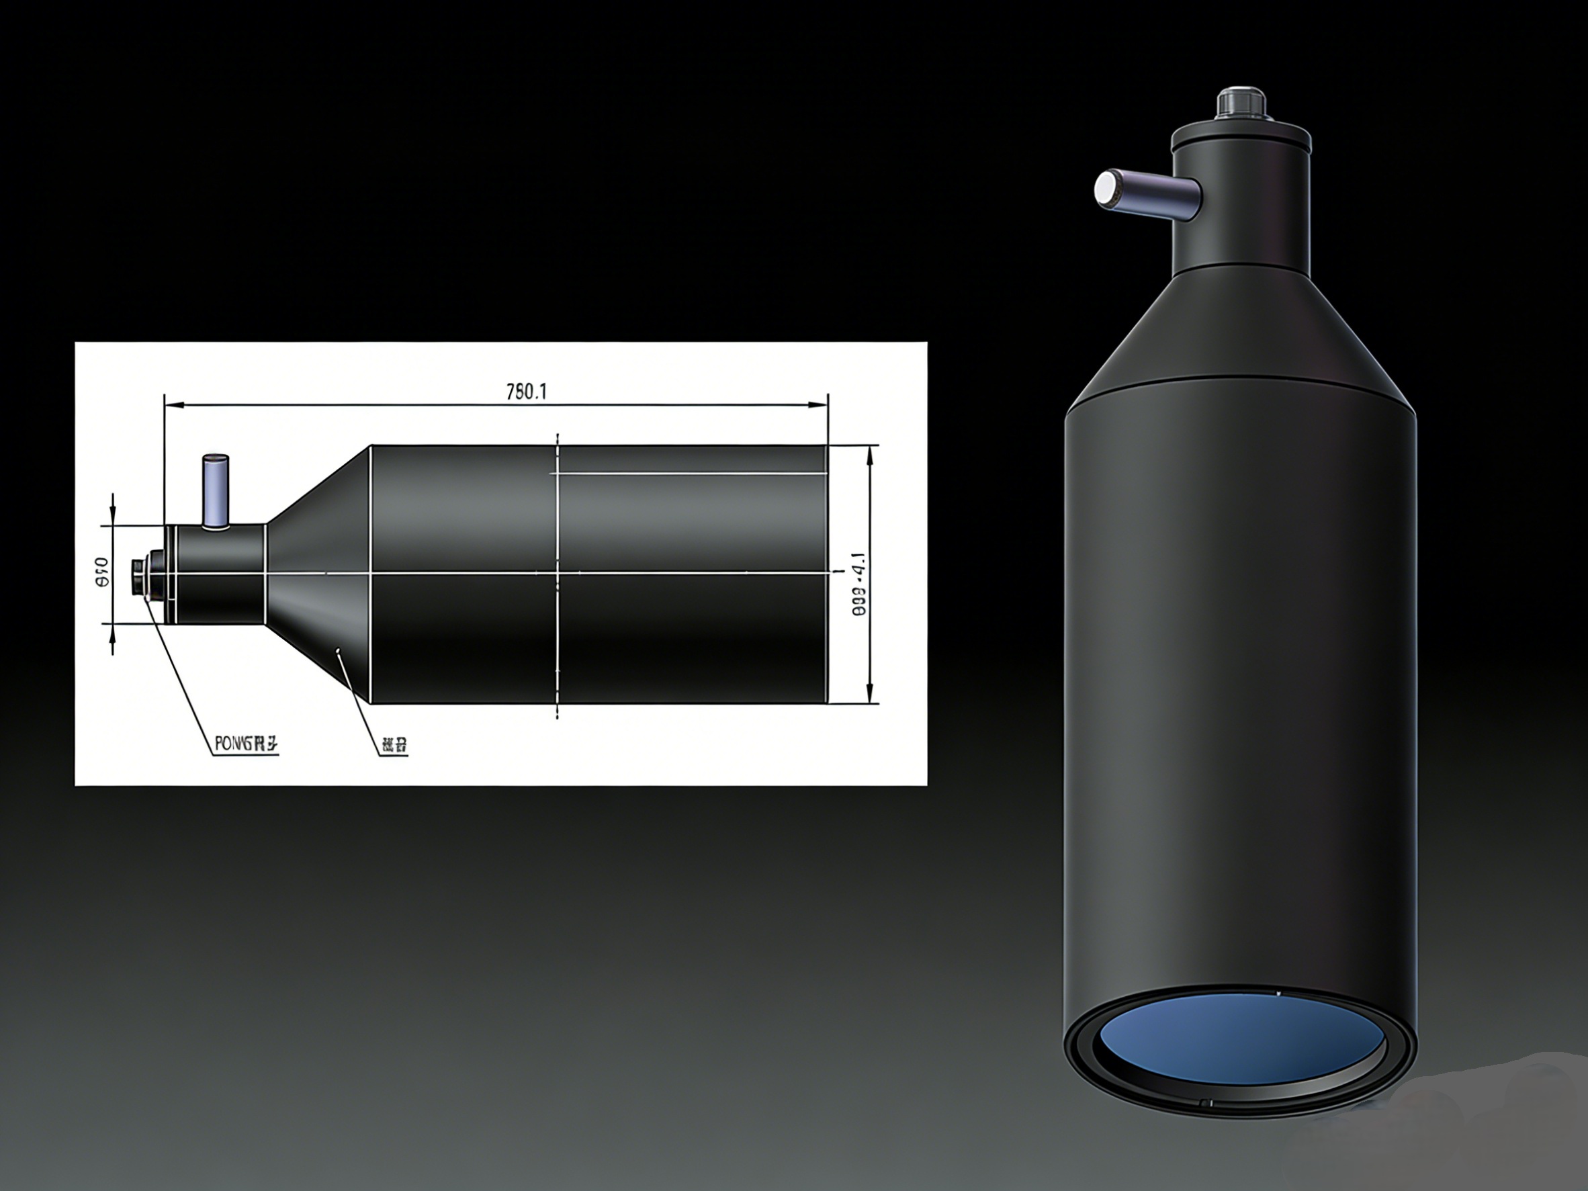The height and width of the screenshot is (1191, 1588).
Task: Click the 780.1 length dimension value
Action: (526, 392)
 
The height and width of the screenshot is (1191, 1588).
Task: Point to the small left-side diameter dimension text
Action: (102, 572)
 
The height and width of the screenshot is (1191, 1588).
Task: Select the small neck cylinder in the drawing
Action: (219, 574)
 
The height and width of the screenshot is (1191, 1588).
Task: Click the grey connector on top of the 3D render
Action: (1241, 105)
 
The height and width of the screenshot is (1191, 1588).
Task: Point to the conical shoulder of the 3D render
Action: (1241, 330)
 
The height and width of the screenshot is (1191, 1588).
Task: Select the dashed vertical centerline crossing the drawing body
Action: (558, 574)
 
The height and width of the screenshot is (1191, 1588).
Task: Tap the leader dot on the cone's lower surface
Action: (338, 650)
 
